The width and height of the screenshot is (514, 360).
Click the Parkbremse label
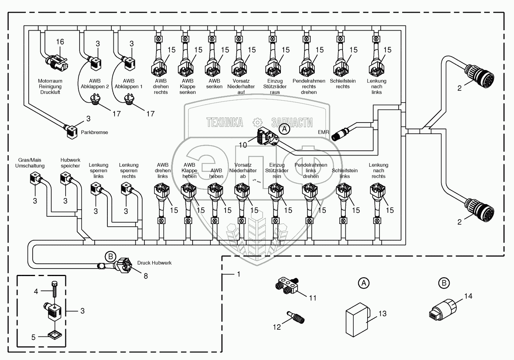tap(94, 132)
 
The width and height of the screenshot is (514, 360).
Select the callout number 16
tap(60, 42)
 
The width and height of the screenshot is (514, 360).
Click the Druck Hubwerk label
tap(154, 263)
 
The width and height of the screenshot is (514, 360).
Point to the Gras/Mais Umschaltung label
tap(31, 162)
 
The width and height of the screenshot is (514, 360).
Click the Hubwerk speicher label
tap(70, 162)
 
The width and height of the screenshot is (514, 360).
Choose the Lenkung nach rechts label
tap(378, 170)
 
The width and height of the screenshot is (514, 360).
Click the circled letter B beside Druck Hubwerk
tap(110, 256)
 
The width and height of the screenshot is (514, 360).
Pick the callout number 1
tap(238, 274)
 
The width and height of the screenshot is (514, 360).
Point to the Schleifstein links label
tap(341, 173)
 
